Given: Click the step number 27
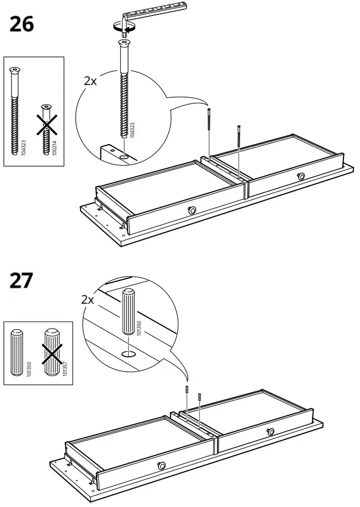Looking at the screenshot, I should tap(22, 280).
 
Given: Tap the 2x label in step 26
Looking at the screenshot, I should tap(90, 81).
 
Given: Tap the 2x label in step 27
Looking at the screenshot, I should tap(88, 300).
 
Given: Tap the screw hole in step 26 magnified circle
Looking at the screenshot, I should tap(126, 156).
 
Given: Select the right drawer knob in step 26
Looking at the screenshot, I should tap(301, 176).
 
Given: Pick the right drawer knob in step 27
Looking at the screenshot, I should tap(271, 431).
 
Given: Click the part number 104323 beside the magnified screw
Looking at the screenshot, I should tap(133, 130).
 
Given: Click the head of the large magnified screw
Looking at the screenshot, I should tap(125, 45).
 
